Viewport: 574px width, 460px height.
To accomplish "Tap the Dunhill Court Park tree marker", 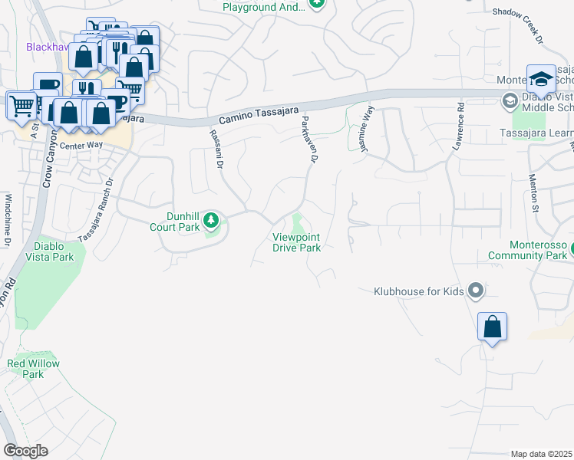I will pyautogui.click(x=213, y=223).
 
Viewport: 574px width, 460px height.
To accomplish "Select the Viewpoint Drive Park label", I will pyautogui.click(x=296, y=242).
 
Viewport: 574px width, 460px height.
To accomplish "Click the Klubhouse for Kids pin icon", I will pyautogui.click(x=476, y=291).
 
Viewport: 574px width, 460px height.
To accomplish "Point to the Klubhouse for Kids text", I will pyautogui.click(x=418, y=291).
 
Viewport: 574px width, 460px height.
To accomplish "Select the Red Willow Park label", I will pyautogui.click(x=33, y=369).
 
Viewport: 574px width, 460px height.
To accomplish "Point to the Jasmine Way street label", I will pyautogui.click(x=368, y=121).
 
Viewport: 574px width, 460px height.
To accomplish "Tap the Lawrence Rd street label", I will pyautogui.click(x=461, y=126).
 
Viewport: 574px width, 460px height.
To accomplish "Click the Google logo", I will pyautogui.click(x=25, y=451).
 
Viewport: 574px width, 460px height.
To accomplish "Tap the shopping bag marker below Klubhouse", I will pyautogui.click(x=492, y=327).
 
